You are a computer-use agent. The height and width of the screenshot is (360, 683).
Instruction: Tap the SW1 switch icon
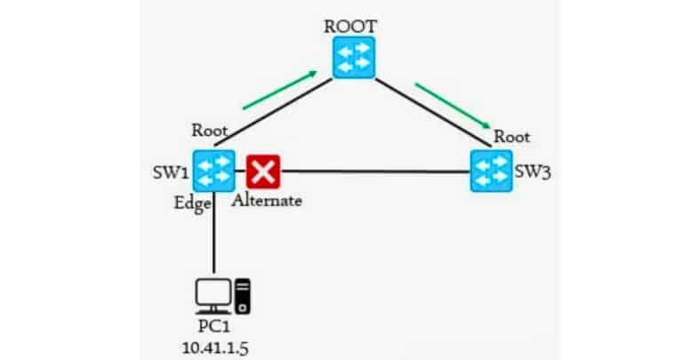214,170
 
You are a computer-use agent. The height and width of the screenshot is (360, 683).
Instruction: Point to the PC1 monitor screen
213,292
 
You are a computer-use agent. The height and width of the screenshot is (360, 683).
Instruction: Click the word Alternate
267,200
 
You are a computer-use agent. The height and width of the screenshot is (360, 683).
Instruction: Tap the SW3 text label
534,171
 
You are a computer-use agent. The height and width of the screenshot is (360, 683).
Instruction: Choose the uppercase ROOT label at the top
354,25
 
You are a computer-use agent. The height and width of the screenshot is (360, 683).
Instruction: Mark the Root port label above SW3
512,137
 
